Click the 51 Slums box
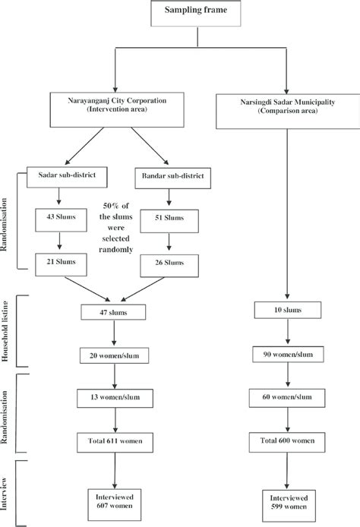click(x=174, y=217)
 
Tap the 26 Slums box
click(x=174, y=262)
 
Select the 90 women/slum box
click(x=286, y=355)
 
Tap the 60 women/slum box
click(x=286, y=396)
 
